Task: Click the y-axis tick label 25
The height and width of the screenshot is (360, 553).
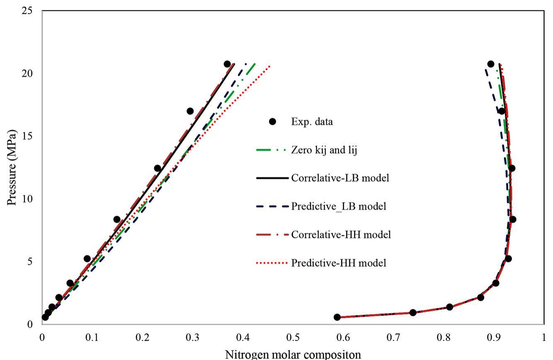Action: pyautogui.click(x=27, y=10)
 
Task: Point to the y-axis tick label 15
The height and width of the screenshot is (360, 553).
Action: pyautogui.click(x=27, y=136)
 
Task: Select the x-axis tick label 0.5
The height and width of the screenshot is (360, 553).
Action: pyautogui.click(x=293, y=337)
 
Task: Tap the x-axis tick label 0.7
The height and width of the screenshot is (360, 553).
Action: pyautogui.click(x=393, y=337)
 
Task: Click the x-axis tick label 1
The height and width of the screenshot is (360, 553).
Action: pyautogui.click(x=543, y=337)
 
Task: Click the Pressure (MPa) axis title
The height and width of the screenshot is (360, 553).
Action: pyautogui.click(x=12, y=167)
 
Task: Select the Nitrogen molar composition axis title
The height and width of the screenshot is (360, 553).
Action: pyautogui.click(x=293, y=355)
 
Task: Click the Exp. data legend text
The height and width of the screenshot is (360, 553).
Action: pyautogui.click(x=312, y=122)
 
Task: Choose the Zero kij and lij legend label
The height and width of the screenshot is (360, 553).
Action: pyautogui.click(x=324, y=150)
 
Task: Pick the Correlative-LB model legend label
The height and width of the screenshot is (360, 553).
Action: pyautogui.click(x=340, y=178)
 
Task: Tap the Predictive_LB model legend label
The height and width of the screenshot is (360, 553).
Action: pyautogui.click(x=339, y=206)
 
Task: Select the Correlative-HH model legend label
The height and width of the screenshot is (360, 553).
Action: pyautogui.click(x=341, y=234)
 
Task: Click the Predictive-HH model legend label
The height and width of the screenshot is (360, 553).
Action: pyautogui.click(x=339, y=263)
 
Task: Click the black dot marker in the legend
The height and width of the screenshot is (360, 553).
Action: pyautogui.click(x=272, y=122)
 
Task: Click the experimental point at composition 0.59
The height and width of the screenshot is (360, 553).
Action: pyautogui.click(x=337, y=317)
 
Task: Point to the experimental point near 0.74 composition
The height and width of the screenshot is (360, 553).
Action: pyautogui.click(x=413, y=312)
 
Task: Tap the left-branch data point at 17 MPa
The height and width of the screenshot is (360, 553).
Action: pyautogui.click(x=190, y=111)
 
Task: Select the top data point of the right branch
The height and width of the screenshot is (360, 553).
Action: pyautogui.click(x=491, y=64)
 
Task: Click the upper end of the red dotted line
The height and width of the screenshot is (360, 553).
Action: pyautogui.click(x=270, y=65)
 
